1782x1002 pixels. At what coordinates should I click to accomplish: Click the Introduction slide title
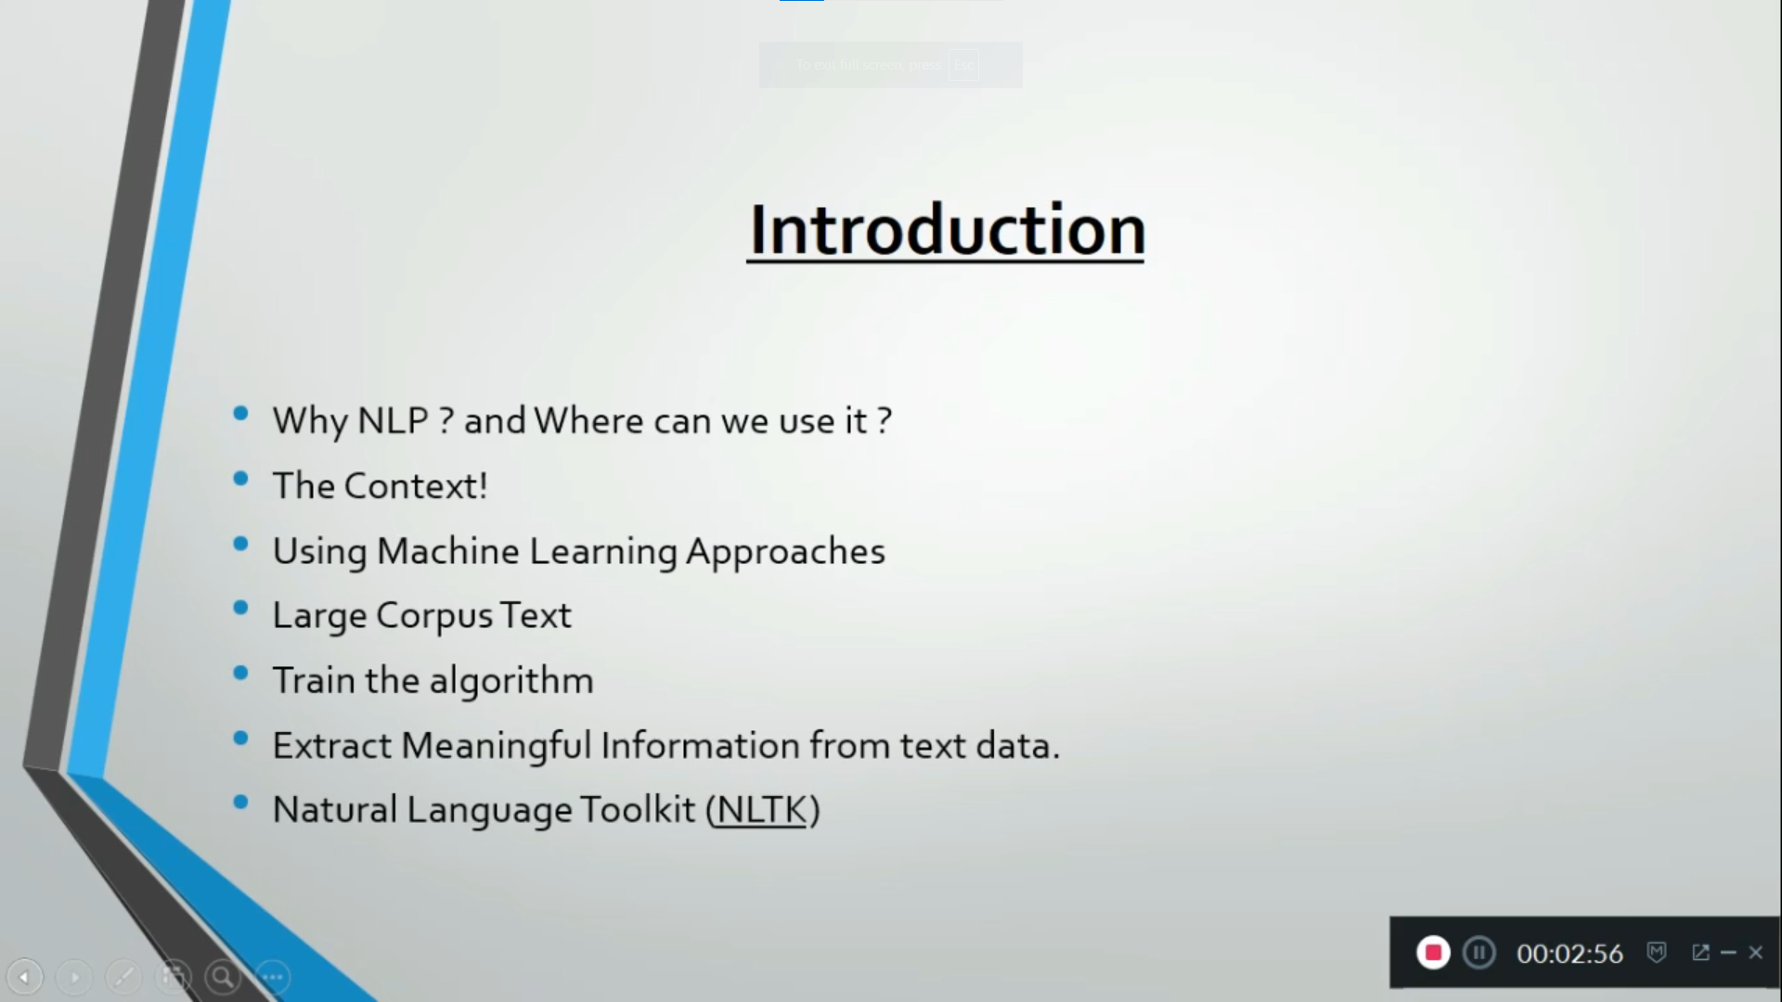[x=946, y=229]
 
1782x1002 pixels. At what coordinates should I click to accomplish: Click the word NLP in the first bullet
[x=393, y=421]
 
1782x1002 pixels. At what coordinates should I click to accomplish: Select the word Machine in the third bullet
[x=447, y=551]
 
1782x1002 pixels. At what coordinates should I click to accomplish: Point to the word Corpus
[x=433, y=616]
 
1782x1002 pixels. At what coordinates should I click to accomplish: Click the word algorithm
[x=510, y=681]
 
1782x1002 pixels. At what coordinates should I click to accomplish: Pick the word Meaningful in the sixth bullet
[x=496, y=746]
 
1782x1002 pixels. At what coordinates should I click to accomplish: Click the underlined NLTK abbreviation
[x=762, y=810]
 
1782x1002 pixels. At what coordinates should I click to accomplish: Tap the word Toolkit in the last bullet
[x=637, y=810]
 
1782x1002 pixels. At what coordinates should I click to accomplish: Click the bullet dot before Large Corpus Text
[x=241, y=609]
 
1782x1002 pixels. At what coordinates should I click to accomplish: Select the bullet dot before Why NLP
[x=241, y=414]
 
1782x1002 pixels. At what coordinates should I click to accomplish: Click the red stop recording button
[x=1433, y=953]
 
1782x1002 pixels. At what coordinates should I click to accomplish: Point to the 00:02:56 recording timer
[x=1569, y=954]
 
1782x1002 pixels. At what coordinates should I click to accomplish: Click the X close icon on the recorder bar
[x=1755, y=953]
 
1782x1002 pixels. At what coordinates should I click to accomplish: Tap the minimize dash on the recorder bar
[x=1728, y=953]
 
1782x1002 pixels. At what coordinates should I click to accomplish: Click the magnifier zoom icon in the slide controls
[x=223, y=976]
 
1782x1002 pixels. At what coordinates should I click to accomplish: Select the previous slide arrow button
[x=25, y=976]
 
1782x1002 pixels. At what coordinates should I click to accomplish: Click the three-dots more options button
[x=273, y=976]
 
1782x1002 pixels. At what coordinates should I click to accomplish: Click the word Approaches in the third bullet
[x=785, y=551]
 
